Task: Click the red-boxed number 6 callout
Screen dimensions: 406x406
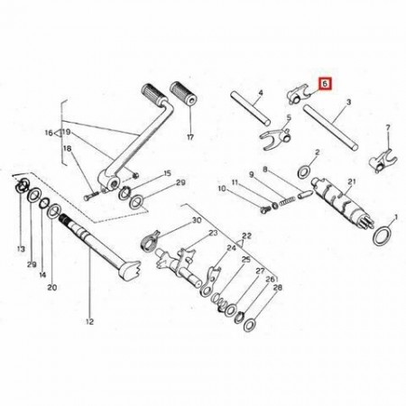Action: pyautogui.click(x=325, y=84)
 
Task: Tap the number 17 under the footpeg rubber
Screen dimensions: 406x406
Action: pyautogui.click(x=190, y=137)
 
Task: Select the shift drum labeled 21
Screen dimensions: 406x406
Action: pyautogui.click(x=343, y=203)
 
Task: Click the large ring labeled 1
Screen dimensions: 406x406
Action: pyautogui.click(x=383, y=236)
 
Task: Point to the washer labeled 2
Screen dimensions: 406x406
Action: pyautogui.click(x=304, y=171)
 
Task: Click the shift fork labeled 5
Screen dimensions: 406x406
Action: pyautogui.click(x=274, y=137)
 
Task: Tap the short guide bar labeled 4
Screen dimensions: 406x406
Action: pyautogui.click(x=250, y=108)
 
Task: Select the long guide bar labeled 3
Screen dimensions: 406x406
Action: pyautogui.click(x=330, y=127)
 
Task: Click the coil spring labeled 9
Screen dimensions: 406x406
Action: pyautogui.click(x=287, y=200)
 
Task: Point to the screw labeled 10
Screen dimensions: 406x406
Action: pyautogui.click(x=264, y=209)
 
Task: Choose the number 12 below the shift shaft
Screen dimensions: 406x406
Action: pyautogui.click(x=89, y=321)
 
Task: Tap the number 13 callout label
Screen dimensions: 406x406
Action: pyautogui.click(x=21, y=249)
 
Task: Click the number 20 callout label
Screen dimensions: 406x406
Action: pyautogui.click(x=52, y=288)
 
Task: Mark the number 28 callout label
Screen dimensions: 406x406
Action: pyautogui.click(x=277, y=288)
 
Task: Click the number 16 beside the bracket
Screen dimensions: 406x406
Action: pyautogui.click(x=49, y=133)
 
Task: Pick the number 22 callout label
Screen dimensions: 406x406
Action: pyautogui.click(x=246, y=235)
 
